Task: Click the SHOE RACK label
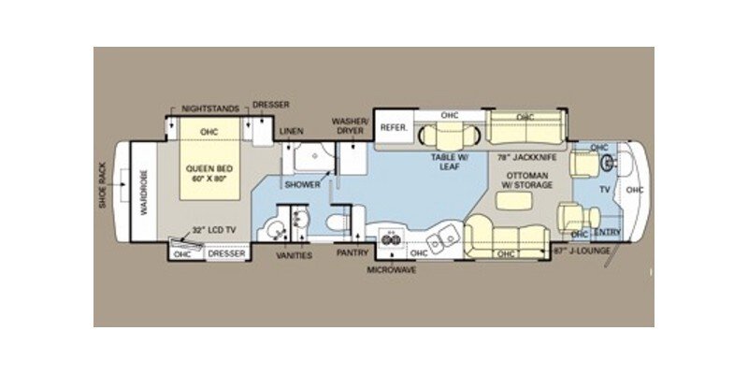(104, 185)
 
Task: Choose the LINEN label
(291, 133)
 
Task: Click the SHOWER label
(303, 185)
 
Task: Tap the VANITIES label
(295, 255)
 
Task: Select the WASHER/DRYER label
(352, 126)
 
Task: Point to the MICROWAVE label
(392, 269)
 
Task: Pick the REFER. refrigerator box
(392, 127)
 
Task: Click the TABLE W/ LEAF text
(449, 163)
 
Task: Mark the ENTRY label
(607, 232)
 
